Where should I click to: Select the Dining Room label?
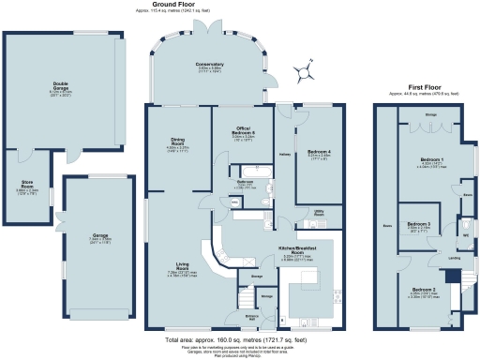(177, 143)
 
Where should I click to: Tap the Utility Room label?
(319, 214)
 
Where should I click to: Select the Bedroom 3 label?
(419, 225)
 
